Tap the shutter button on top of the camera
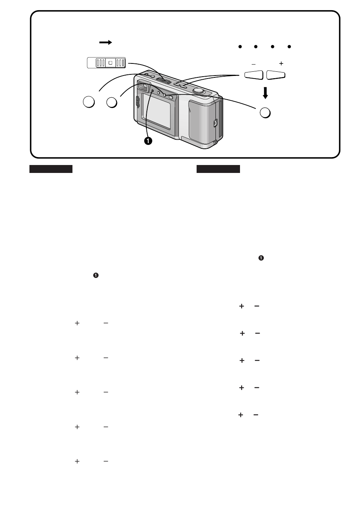point(198,91)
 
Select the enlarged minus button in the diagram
point(254,75)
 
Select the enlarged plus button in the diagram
point(275,75)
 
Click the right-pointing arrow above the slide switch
point(106,43)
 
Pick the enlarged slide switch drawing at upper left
point(106,63)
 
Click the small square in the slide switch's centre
point(110,63)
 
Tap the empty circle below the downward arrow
point(265,113)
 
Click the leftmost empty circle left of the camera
point(89,102)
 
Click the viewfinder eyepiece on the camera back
point(143,86)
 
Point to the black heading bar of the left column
point(51,169)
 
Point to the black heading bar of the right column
point(218,169)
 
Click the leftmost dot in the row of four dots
point(239,47)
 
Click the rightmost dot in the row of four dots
point(289,47)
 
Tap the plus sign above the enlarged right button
point(281,64)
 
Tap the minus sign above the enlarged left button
point(253,64)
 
